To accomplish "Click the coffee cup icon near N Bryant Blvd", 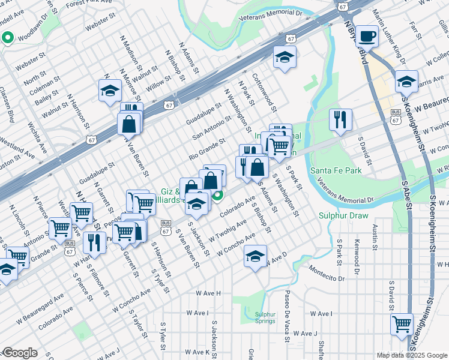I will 366,35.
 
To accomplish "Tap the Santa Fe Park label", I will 336,170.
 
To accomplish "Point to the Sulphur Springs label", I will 265,317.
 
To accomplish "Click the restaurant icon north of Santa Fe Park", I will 340,119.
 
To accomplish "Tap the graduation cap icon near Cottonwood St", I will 285,57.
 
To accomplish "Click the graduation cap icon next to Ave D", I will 255,256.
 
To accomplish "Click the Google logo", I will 20,353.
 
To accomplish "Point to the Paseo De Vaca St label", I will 287,311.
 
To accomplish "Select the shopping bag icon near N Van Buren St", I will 130,124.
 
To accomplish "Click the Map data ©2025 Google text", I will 411,355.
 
